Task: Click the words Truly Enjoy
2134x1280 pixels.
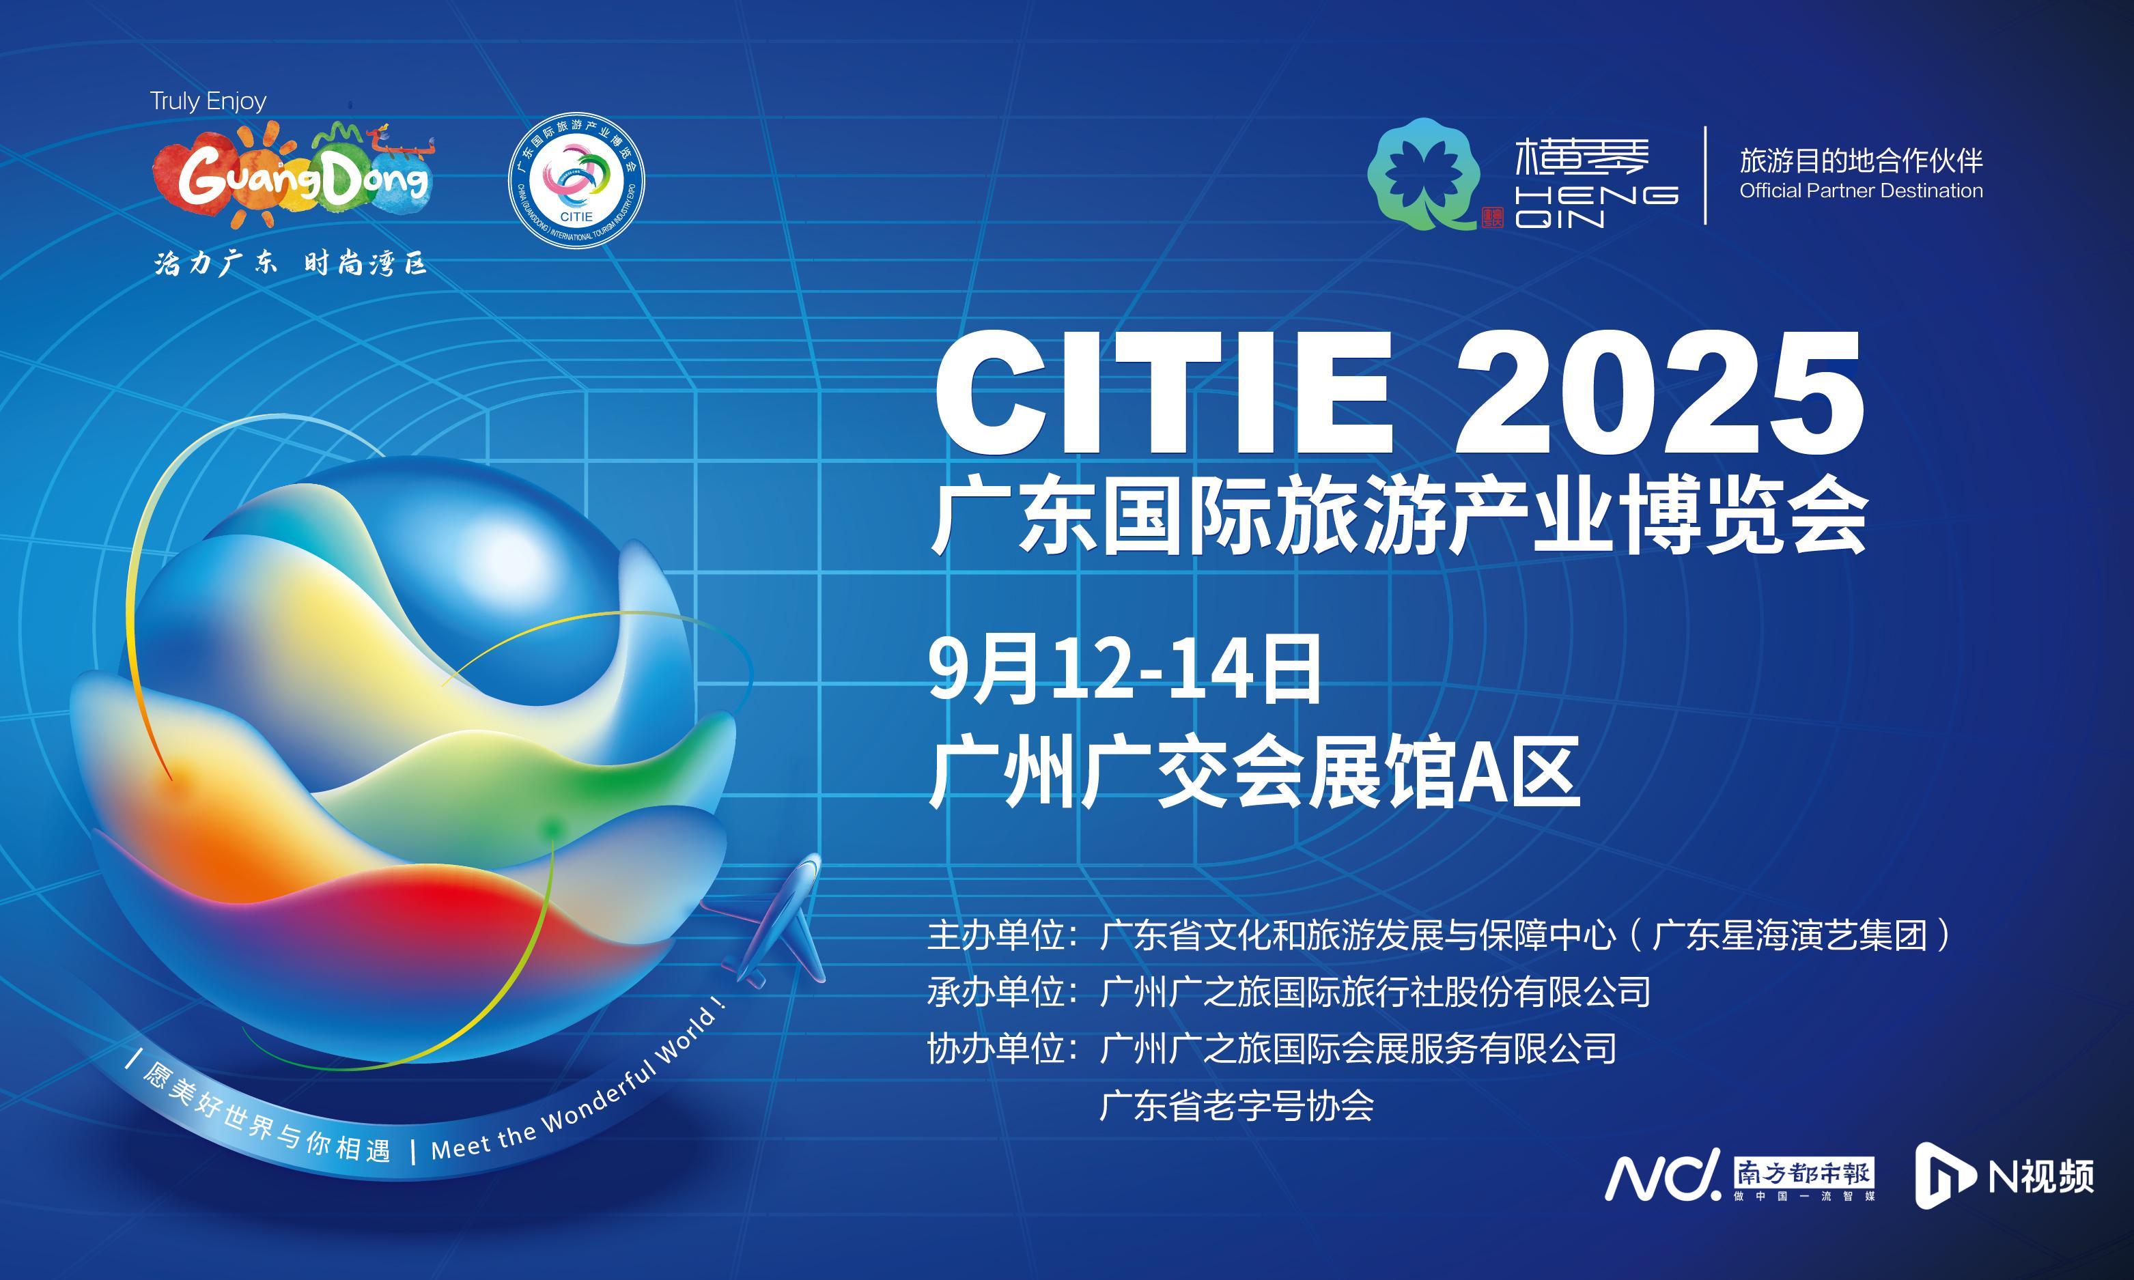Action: pyautogui.click(x=208, y=102)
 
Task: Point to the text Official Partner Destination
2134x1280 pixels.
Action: pyautogui.click(x=1862, y=190)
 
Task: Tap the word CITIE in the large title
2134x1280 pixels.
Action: pyautogui.click(x=1164, y=393)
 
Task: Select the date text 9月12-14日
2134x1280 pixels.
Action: pyautogui.click(x=1125, y=668)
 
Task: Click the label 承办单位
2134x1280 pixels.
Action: pyautogui.click(x=996, y=992)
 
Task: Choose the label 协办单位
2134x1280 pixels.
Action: pyautogui.click(x=996, y=1049)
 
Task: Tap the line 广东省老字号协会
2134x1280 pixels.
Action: pyautogui.click(x=1237, y=1106)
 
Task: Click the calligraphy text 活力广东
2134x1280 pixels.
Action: pyautogui.click(x=216, y=262)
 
